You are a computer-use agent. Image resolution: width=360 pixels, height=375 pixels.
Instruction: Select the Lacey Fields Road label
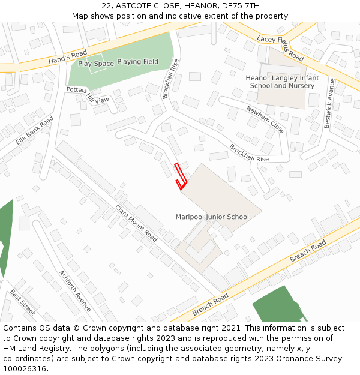click(280, 47)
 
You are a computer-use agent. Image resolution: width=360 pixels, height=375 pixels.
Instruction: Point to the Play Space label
click(95, 64)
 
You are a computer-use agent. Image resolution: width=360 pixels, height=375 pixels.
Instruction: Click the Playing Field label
click(137, 62)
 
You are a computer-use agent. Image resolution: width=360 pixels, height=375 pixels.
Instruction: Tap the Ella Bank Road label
click(34, 133)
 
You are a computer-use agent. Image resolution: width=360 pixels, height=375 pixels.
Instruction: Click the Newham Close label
click(265, 119)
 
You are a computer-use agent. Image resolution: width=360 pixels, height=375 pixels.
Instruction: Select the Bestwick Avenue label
click(328, 103)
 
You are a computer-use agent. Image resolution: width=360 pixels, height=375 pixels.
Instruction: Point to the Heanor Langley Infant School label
click(282, 82)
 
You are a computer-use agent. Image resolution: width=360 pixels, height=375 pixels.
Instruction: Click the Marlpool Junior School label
click(212, 217)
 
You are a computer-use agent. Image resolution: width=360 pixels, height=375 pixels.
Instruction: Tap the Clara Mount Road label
click(136, 224)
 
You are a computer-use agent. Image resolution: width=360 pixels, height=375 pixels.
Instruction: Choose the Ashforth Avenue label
click(75, 291)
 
